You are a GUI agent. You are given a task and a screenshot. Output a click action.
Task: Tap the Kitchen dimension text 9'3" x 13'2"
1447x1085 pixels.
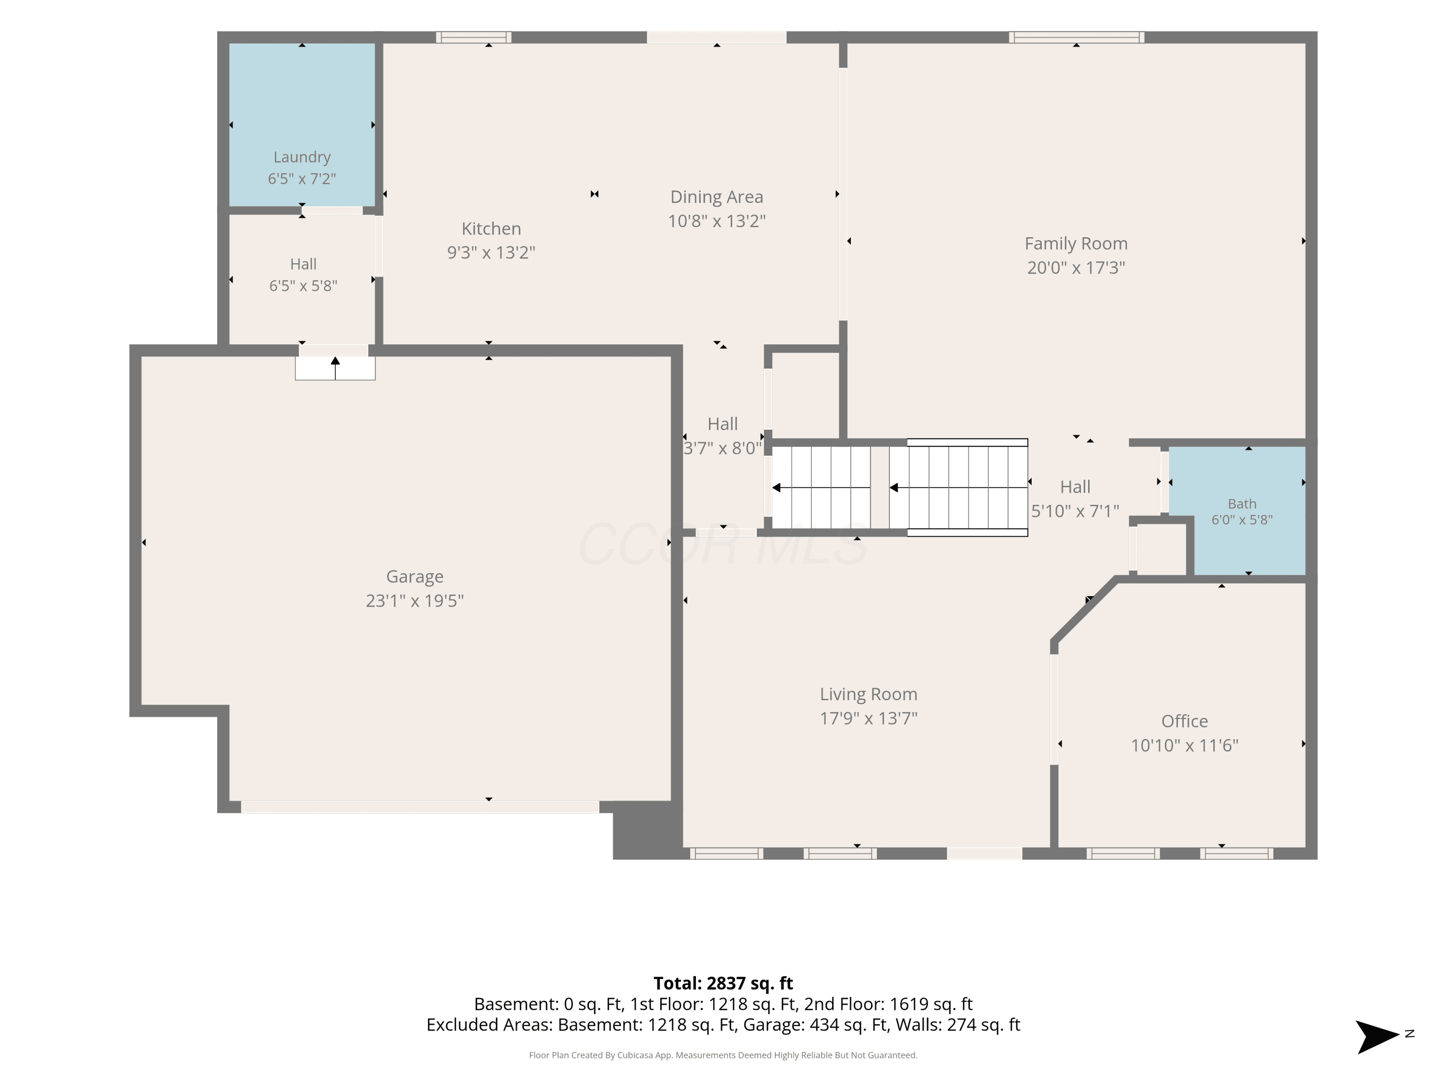click(x=491, y=253)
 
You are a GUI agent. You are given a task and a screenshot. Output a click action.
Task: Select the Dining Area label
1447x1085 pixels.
click(x=716, y=197)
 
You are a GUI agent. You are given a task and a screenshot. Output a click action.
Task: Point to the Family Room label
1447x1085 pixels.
click(x=1076, y=244)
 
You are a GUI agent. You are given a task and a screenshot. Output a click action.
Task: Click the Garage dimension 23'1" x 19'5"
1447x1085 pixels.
click(x=415, y=600)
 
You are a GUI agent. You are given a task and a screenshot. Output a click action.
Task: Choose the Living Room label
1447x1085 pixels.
click(x=869, y=694)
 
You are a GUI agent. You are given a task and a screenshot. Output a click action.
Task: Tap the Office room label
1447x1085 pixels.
click(x=1185, y=721)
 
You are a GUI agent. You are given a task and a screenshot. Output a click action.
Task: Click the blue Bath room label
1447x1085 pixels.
click(x=1242, y=503)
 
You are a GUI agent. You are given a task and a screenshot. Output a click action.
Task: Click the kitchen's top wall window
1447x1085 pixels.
click(x=474, y=37)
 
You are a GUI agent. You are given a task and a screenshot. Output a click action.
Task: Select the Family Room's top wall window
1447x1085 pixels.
click(x=1076, y=37)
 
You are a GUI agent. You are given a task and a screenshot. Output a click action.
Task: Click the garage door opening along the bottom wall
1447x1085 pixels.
click(x=420, y=807)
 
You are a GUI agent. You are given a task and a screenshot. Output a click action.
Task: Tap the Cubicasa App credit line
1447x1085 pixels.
click(x=723, y=1055)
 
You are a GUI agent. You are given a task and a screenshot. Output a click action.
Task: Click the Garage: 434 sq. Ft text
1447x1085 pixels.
click(x=847, y=1025)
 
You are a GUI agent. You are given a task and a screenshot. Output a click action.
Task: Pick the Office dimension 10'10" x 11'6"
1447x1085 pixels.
click(x=1185, y=746)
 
